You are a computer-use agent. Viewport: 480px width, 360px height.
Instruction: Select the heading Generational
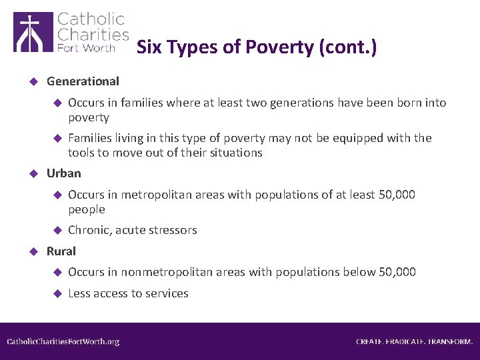click(83, 81)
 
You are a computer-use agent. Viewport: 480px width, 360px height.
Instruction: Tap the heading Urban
click(64, 173)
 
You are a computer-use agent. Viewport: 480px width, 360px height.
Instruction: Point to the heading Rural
click(61, 251)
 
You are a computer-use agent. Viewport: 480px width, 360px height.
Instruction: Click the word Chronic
click(89, 230)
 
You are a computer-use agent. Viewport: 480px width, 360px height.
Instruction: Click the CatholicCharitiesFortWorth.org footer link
click(63, 341)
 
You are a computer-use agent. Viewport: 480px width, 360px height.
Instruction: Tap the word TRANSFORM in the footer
click(450, 341)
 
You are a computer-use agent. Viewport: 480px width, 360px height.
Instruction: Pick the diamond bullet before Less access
click(57, 293)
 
